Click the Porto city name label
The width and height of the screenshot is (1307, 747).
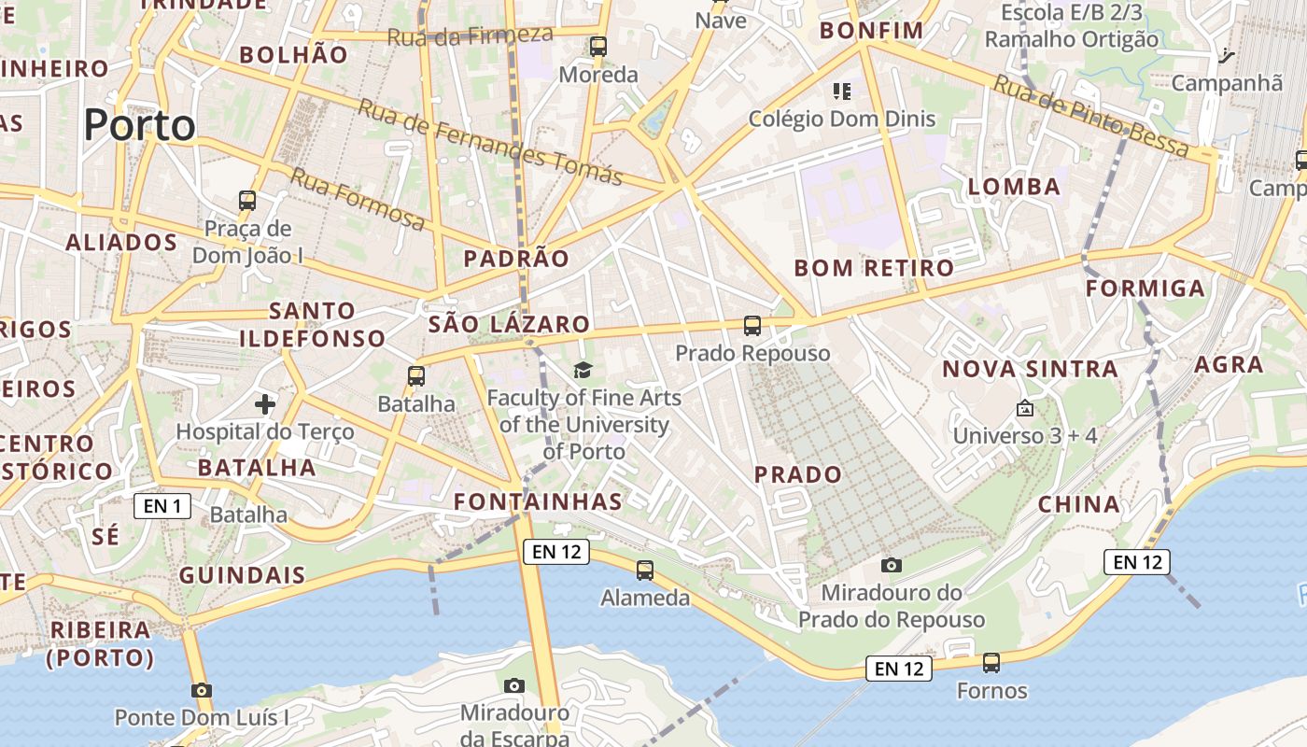tap(140, 125)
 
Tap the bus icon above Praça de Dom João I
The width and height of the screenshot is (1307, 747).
tap(247, 200)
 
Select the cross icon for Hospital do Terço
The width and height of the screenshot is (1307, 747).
tap(265, 404)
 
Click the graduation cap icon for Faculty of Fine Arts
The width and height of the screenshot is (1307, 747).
tap(583, 371)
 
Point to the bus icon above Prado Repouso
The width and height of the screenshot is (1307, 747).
tap(752, 326)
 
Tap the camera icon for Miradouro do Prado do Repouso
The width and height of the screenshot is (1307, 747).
tap(892, 565)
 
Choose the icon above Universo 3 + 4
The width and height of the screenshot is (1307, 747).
tap(1024, 408)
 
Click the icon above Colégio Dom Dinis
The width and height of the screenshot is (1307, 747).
tap(842, 92)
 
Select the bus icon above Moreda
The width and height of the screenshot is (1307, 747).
tap(598, 46)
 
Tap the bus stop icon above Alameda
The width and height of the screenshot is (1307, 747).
tap(644, 570)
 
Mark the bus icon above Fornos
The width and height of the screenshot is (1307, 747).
tap(991, 663)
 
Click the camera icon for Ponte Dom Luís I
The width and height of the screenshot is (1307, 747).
tap(201, 690)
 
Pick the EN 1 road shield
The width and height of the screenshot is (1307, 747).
tap(162, 506)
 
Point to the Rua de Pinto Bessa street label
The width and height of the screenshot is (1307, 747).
tap(1090, 116)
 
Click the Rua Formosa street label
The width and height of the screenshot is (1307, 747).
tap(357, 198)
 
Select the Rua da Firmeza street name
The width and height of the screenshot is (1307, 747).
tap(470, 35)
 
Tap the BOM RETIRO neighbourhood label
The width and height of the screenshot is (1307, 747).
tap(874, 269)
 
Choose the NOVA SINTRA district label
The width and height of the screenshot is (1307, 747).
tap(1030, 369)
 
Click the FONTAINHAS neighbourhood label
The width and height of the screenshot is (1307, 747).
tap(538, 501)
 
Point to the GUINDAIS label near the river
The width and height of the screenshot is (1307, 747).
tap(242, 575)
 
